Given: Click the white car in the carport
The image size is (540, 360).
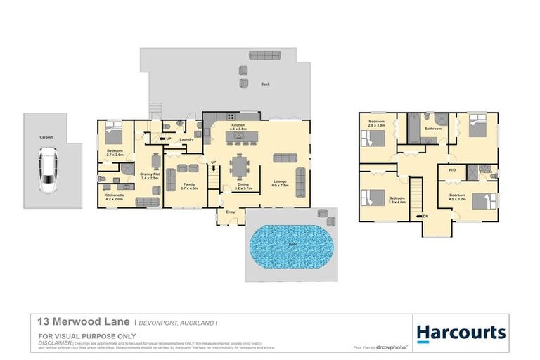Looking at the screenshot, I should (x=48, y=170).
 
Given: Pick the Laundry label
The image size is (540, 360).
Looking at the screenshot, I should (x=186, y=139).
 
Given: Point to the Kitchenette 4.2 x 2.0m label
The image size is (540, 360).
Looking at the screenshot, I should (x=114, y=197).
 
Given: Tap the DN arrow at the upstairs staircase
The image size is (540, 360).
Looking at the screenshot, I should (x=422, y=216).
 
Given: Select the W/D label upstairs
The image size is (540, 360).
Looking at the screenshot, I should (x=451, y=169).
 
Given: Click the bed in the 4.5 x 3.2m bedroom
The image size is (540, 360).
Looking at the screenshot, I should (x=480, y=201).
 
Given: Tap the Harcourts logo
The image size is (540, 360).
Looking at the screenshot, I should (x=461, y=332).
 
